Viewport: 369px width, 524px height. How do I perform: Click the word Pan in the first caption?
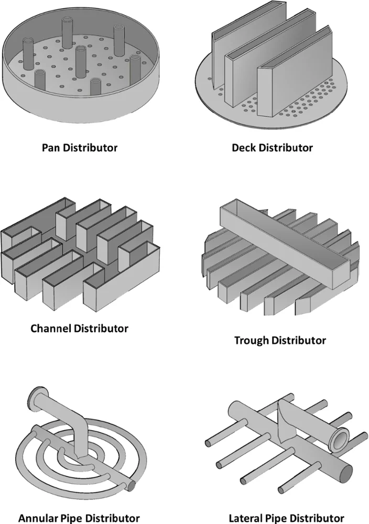(x=51, y=147)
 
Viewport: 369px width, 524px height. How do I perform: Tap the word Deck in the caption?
(x=243, y=147)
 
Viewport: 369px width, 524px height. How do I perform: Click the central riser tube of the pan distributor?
(x=80, y=60)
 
